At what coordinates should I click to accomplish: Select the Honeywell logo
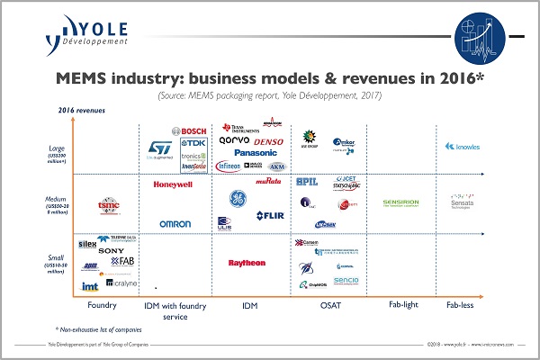pyautogui.click(x=174, y=184)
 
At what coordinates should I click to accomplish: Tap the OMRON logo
pyautogui.click(x=175, y=223)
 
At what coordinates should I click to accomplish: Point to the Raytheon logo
pyautogui.click(x=247, y=263)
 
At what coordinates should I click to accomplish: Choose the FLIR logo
pyautogui.click(x=270, y=215)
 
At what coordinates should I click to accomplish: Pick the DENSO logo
pyautogui.click(x=269, y=141)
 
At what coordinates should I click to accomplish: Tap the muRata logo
pyautogui.click(x=268, y=181)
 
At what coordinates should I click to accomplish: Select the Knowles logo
pyautogui.click(x=463, y=146)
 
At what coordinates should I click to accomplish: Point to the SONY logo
pyautogui.click(x=112, y=250)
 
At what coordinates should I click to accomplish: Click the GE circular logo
pyautogui.click(x=235, y=199)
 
